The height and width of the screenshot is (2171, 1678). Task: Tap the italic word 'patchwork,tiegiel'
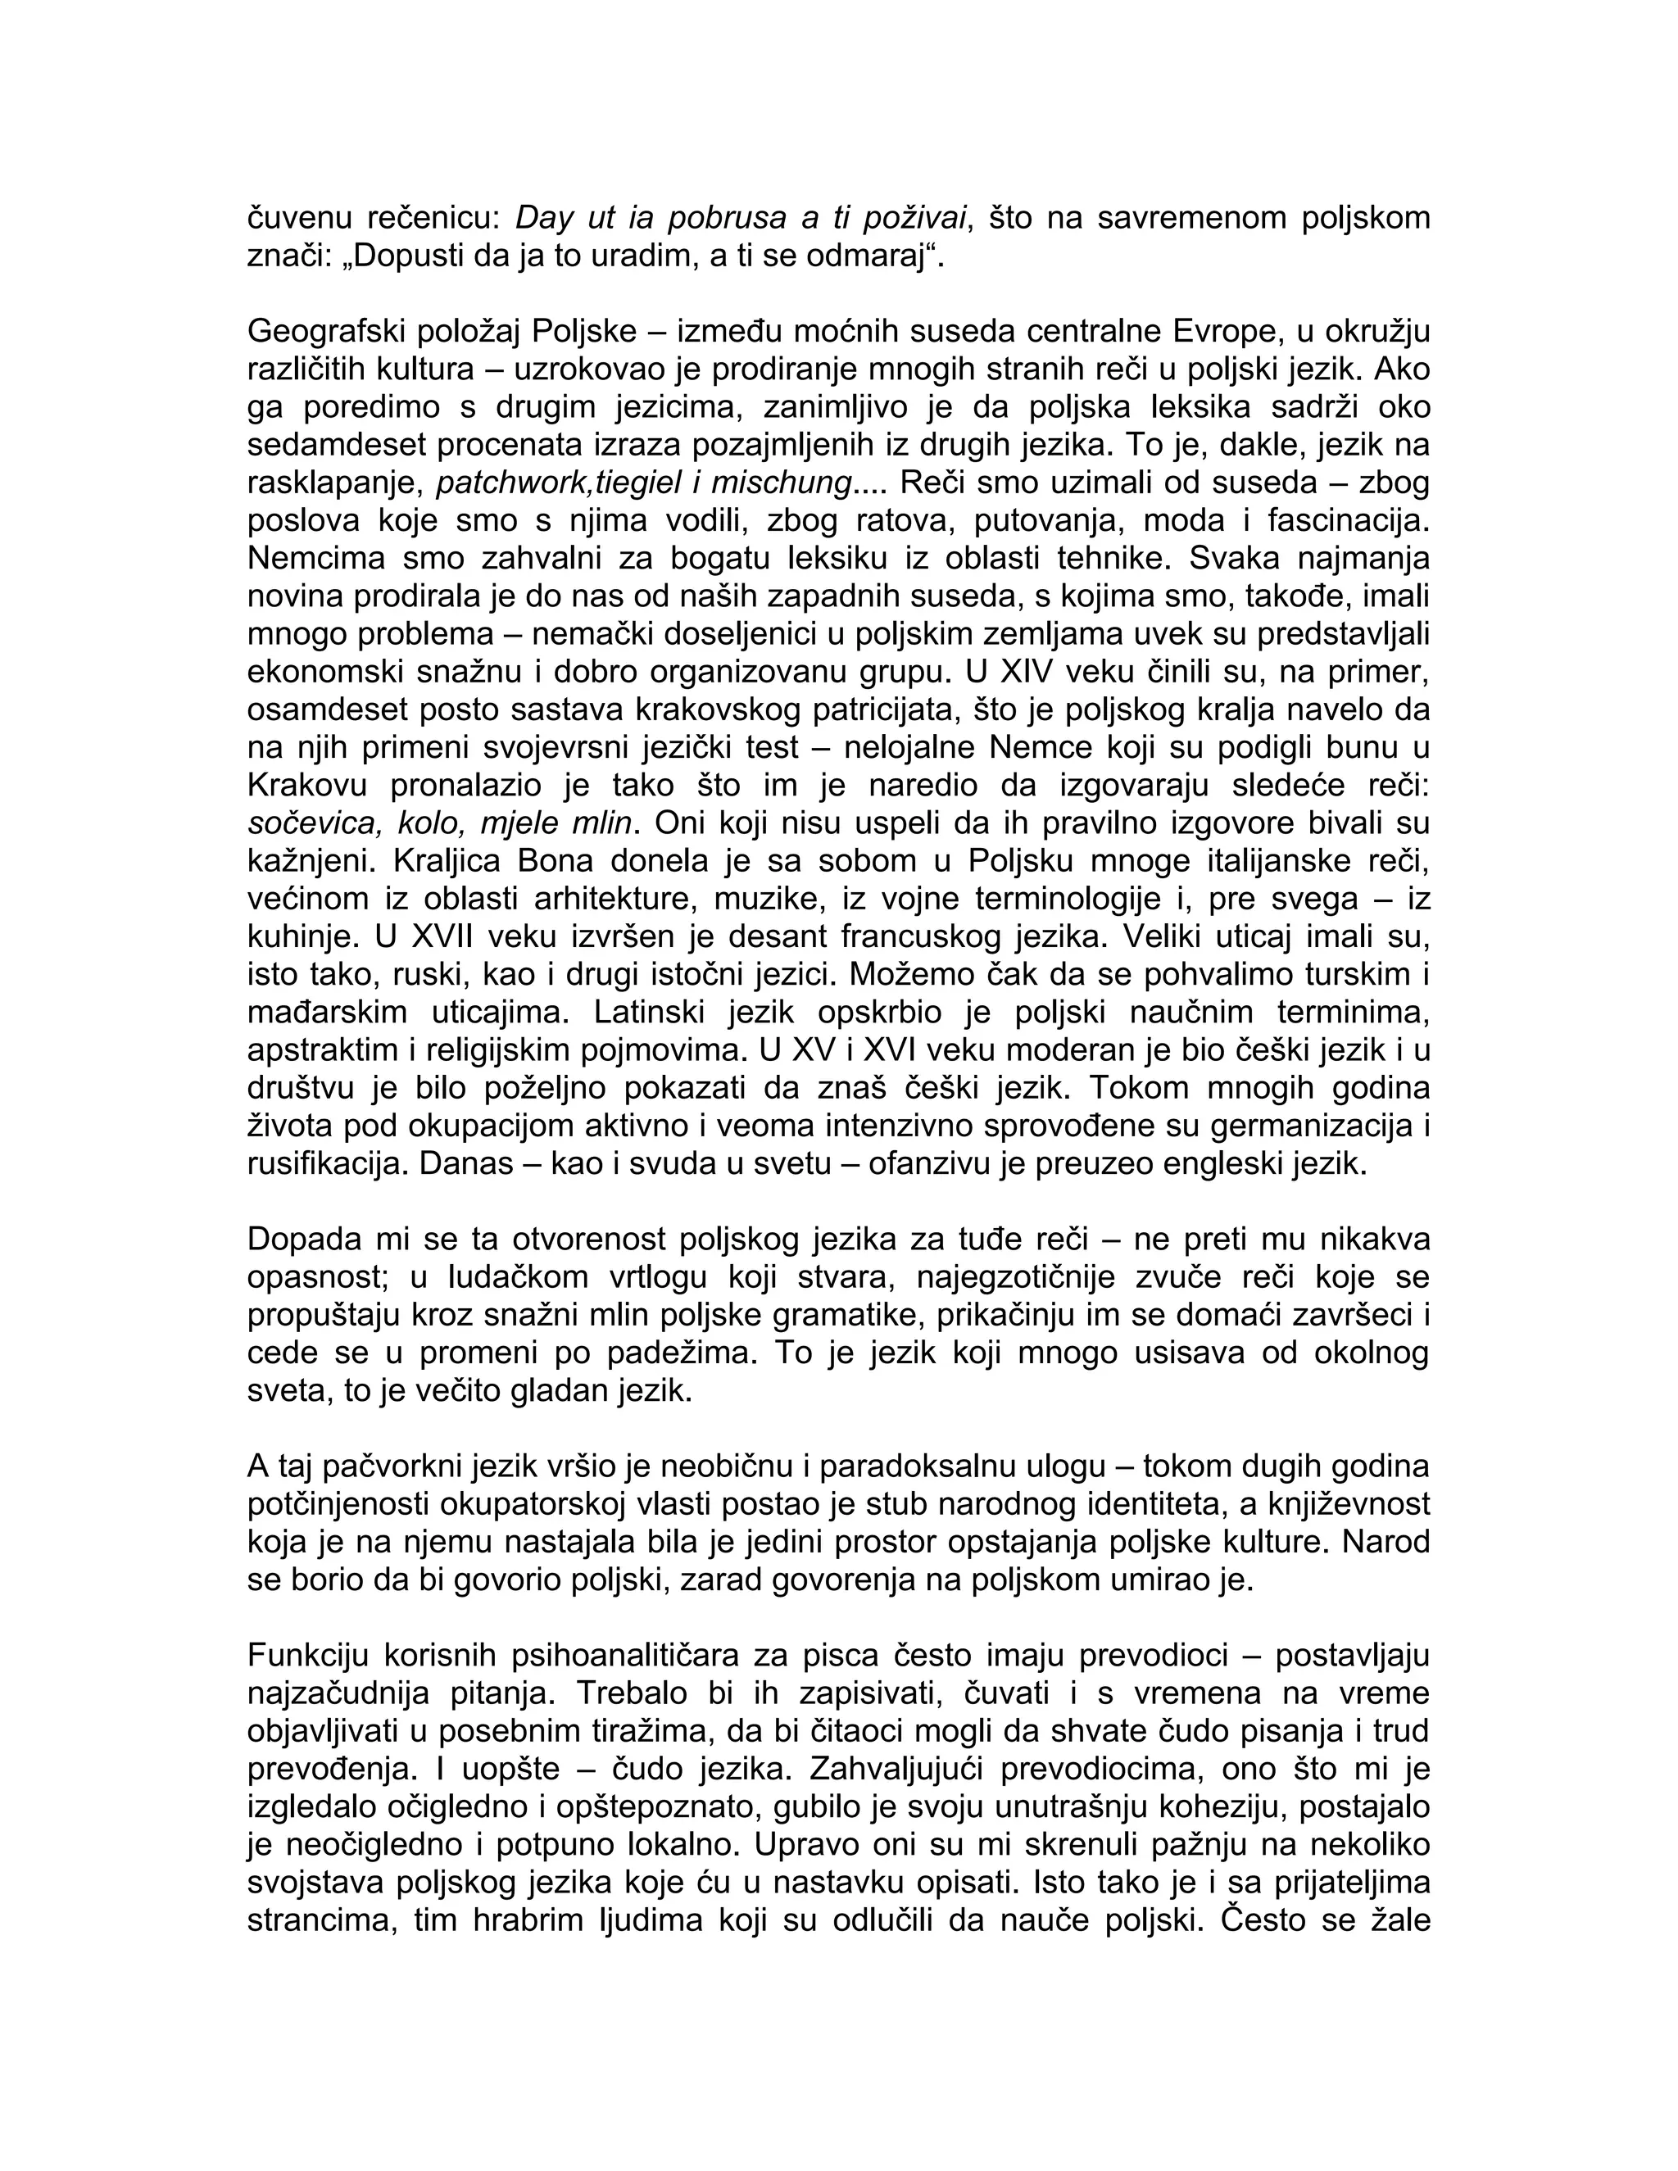(x=559, y=483)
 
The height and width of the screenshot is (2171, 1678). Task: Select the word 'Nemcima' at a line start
(x=309, y=559)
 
